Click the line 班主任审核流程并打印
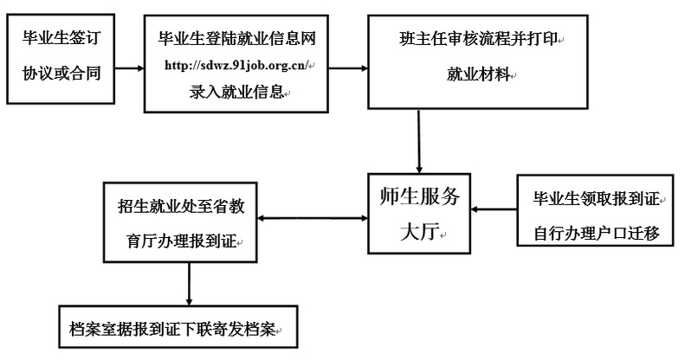[468, 40]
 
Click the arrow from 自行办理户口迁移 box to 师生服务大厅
[493, 209]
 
